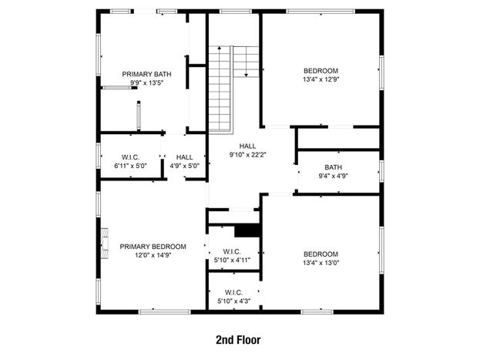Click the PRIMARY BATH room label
(146, 74)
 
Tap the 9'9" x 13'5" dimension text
(146, 82)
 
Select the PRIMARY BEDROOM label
(153, 247)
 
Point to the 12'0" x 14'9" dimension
(153, 255)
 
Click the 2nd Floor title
(238, 340)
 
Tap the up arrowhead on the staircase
(219, 48)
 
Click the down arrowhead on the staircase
(246, 75)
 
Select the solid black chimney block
(247, 230)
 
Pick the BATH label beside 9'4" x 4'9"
(334, 167)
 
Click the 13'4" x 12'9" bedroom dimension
(321, 79)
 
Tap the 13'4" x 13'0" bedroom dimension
(321, 263)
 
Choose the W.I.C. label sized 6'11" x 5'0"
(130, 157)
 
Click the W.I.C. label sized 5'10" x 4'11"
(232, 252)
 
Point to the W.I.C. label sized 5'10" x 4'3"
(234, 293)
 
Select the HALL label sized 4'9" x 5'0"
(185, 157)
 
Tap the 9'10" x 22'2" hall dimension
(247, 155)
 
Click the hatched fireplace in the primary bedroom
(105, 244)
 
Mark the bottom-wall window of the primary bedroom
(165, 312)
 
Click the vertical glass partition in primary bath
(139, 116)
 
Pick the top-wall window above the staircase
(236, 12)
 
